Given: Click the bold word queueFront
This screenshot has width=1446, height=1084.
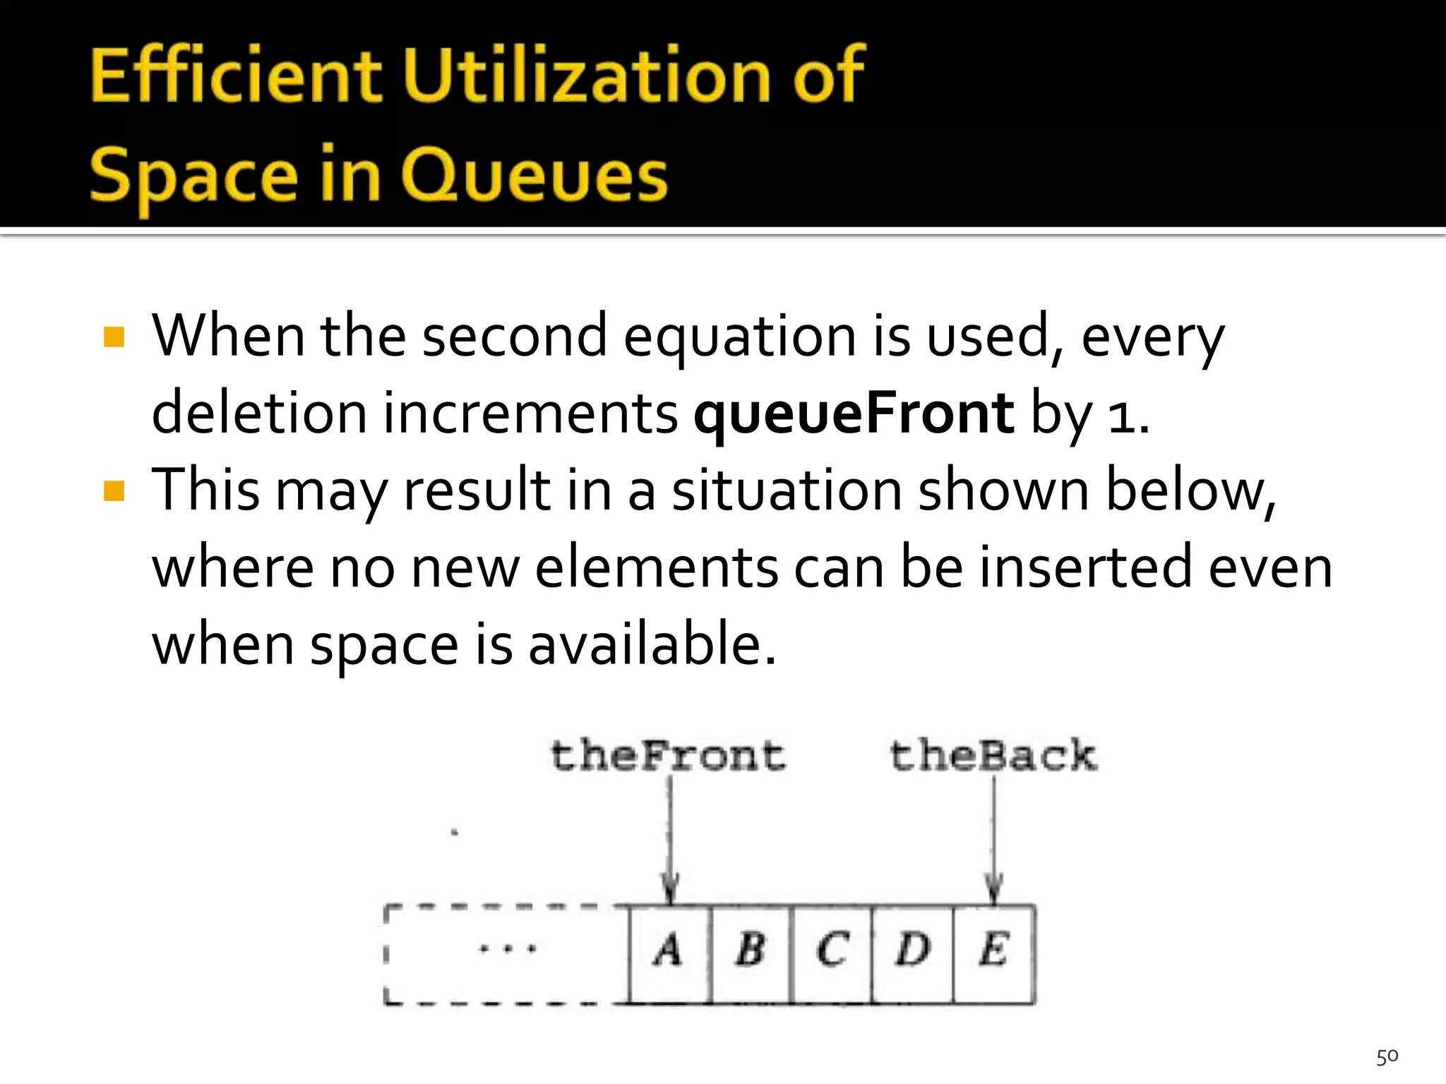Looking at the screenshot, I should (x=854, y=414).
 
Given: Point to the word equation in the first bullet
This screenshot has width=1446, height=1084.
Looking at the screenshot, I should (x=740, y=337).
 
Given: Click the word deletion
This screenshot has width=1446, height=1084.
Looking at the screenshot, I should (x=258, y=414).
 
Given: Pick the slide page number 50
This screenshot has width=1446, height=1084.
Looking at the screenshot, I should (x=1387, y=1056).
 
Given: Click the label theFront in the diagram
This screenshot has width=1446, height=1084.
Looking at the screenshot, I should (x=667, y=756).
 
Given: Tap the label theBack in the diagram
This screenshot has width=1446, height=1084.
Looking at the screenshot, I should (x=993, y=756).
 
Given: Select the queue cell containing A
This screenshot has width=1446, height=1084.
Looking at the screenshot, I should (x=669, y=952).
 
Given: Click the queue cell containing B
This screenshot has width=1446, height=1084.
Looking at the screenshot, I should (x=751, y=952).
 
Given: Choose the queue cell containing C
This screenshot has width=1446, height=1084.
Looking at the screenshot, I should (x=832, y=952).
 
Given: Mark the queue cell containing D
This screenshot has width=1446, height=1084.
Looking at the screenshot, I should (x=912, y=952).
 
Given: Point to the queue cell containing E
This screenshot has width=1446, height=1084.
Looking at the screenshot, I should (x=993, y=952).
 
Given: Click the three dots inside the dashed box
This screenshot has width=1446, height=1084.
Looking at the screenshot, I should (x=507, y=949).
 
